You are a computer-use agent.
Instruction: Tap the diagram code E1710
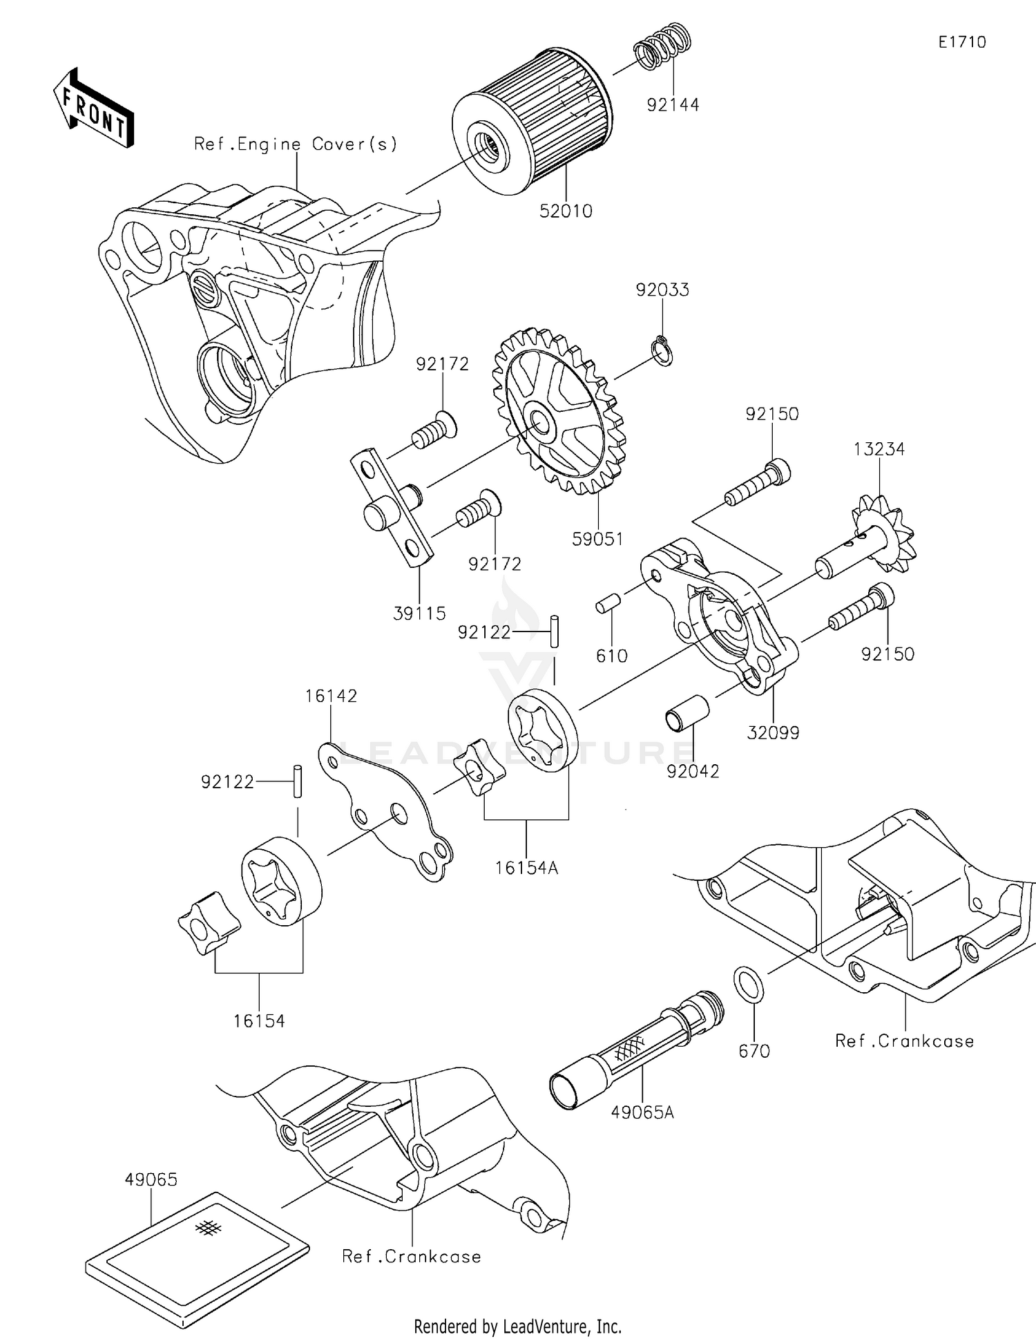pyautogui.click(x=961, y=42)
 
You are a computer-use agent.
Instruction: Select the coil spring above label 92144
pyautogui.click(x=662, y=46)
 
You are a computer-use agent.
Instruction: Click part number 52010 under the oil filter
pyautogui.click(x=566, y=211)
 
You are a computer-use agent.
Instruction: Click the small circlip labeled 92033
pyautogui.click(x=663, y=350)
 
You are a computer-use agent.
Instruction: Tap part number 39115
pyautogui.click(x=419, y=613)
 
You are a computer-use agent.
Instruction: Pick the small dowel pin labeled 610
pyautogui.click(x=606, y=605)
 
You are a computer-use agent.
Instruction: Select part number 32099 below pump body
pyautogui.click(x=773, y=733)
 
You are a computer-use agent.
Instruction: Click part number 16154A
pyautogui.click(x=526, y=868)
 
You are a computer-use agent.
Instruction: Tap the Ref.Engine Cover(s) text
pyautogui.click(x=296, y=144)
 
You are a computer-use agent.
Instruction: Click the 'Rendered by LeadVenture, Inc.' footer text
pyautogui.click(x=517, y=1326)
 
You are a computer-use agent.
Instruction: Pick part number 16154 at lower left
pyautogui.click(x=259, y=1020)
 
